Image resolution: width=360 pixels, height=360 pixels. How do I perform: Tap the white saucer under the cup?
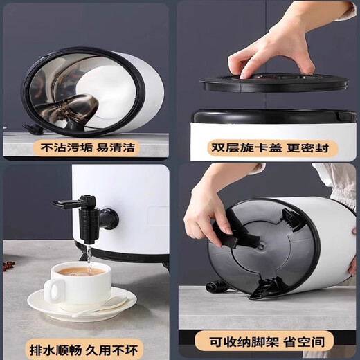pos(82,305)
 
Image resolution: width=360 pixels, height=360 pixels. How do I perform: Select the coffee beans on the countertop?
pos(8,265)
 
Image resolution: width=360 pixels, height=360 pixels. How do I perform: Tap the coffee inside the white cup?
pos(80,271)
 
